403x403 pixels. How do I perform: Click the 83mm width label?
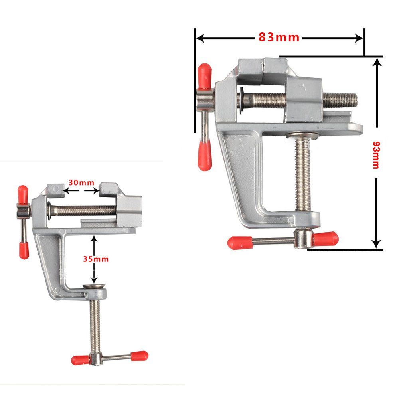point(279,38)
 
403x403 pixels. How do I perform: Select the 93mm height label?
point(375,155)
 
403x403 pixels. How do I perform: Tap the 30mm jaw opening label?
point(81,183)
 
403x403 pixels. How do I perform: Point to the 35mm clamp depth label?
point(95,259)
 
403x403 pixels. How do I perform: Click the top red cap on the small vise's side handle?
point(23,194)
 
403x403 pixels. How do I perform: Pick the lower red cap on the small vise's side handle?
point(24,250)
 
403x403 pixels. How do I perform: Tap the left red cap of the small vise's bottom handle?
point(80,360)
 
